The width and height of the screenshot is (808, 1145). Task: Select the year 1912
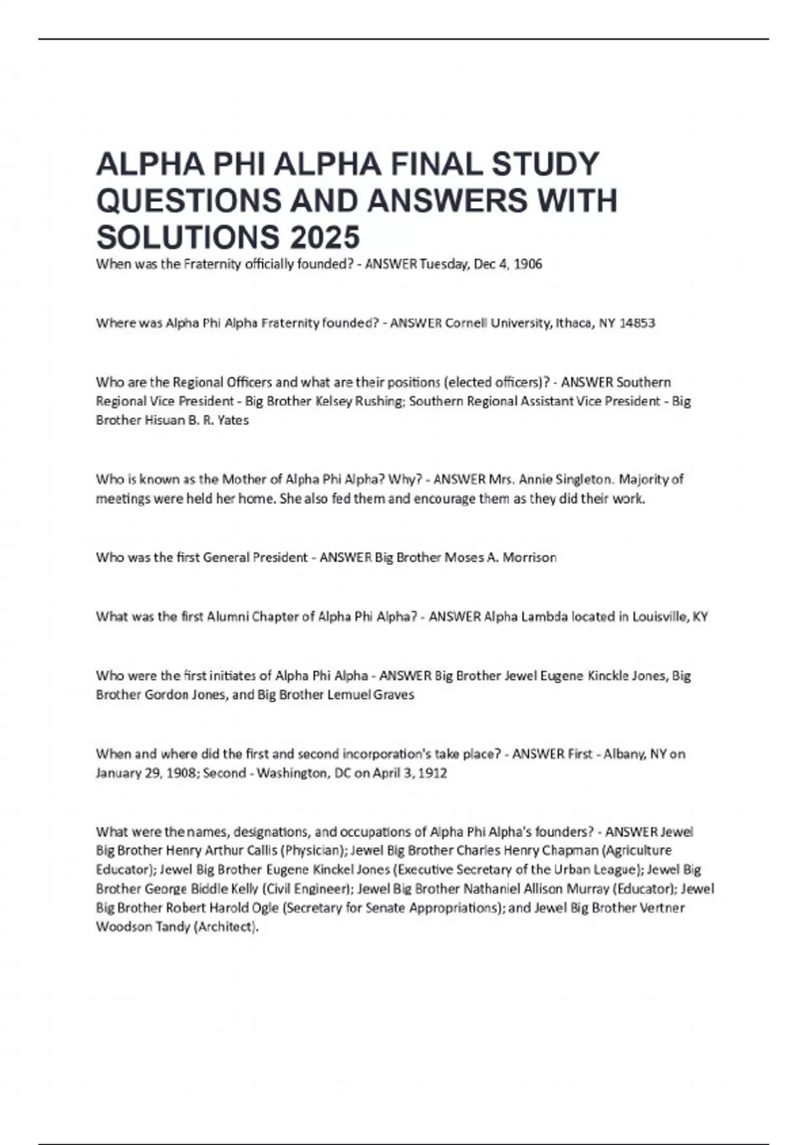point(432,773)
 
